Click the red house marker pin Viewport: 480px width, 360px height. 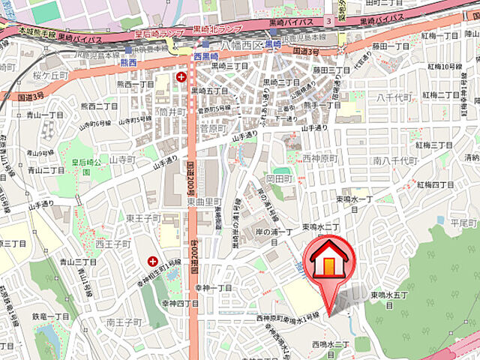tap(328, 262)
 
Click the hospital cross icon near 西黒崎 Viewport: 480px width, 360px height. tap(180, 76)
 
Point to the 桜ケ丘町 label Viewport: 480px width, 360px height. tap(28, 77)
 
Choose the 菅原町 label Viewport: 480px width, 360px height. tap(213, 129)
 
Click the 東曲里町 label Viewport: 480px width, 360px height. tap(205, 202)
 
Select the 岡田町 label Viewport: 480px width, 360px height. tap(278, 178)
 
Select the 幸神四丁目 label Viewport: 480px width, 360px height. tap(180, 304)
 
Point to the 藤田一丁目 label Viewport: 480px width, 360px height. tap(391, 46)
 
